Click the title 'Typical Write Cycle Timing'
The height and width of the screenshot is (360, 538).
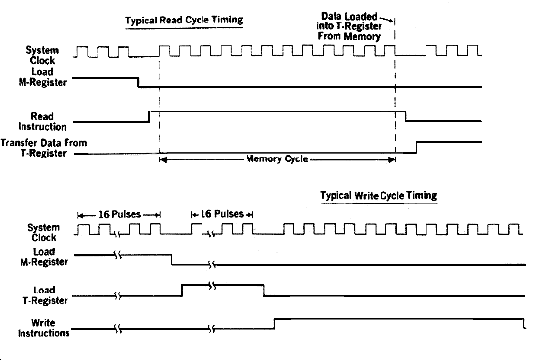click(378, 195)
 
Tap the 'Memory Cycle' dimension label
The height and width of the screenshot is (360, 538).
click(277, 158)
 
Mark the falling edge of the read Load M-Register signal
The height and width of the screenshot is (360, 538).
click(136, 83)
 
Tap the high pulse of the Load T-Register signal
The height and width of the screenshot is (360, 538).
click(222, 285)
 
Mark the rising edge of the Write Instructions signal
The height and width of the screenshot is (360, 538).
click(274, 326)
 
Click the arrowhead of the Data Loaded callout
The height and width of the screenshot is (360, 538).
click(395, 17)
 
